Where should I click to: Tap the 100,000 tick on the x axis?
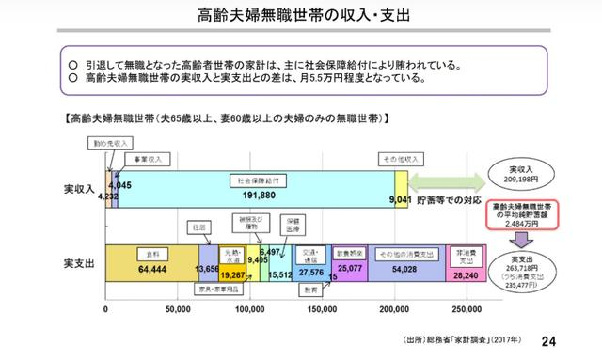pyautogui.click(x=249, y=308)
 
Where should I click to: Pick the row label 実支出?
pyautogui.click(x=80, y=261)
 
